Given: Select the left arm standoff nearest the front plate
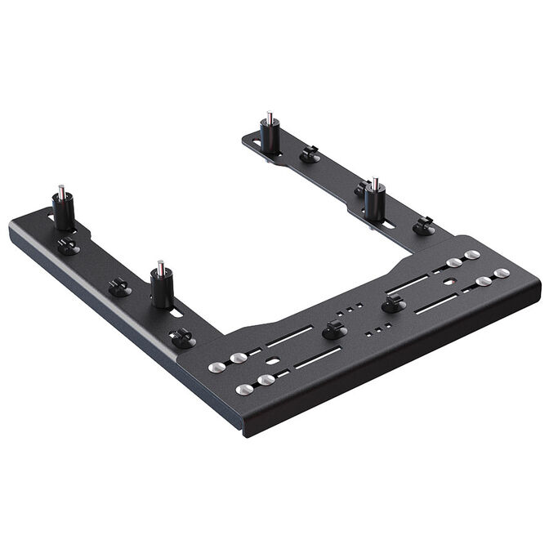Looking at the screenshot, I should (162, 287).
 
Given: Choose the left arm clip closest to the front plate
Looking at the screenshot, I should (181, 336).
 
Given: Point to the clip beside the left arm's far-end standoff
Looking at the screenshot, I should (69, 245).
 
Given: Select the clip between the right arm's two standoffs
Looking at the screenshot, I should (309, 153).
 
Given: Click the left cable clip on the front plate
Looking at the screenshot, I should (333, 330).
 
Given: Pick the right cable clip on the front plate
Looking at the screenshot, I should (393, 303).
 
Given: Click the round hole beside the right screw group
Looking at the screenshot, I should (448, 280).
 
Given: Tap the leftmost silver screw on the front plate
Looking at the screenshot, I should (216, 368).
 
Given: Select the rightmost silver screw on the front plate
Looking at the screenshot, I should (502, 273).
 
